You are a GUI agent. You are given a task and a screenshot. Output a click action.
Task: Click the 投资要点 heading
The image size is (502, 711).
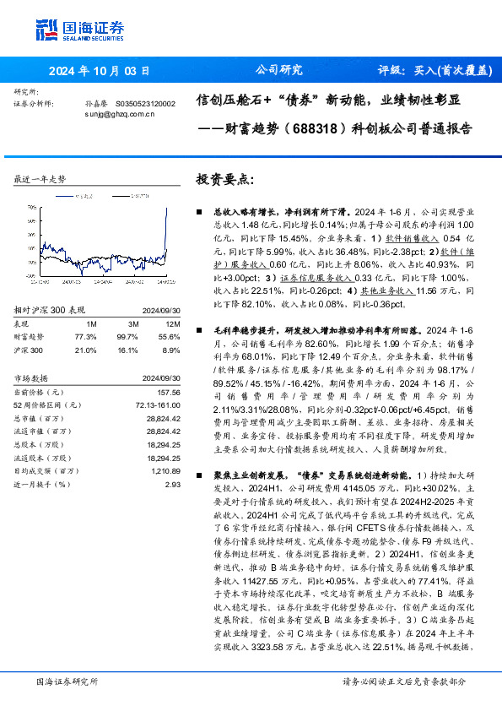225,179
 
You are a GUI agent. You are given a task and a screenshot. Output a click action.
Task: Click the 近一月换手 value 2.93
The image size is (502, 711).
173,485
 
